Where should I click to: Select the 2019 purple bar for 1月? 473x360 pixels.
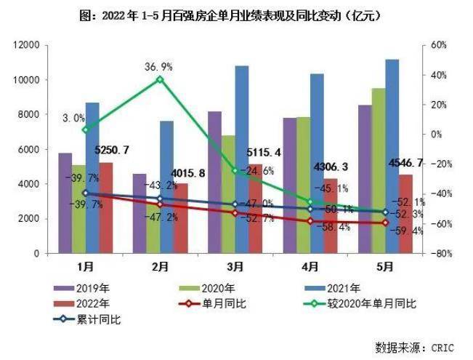[x=65, y=203]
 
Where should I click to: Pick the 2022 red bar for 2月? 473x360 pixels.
[x=181, y=218]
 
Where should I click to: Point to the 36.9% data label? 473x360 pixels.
[x=159, y=66]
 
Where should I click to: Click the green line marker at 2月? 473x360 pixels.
[x=161, y=79]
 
